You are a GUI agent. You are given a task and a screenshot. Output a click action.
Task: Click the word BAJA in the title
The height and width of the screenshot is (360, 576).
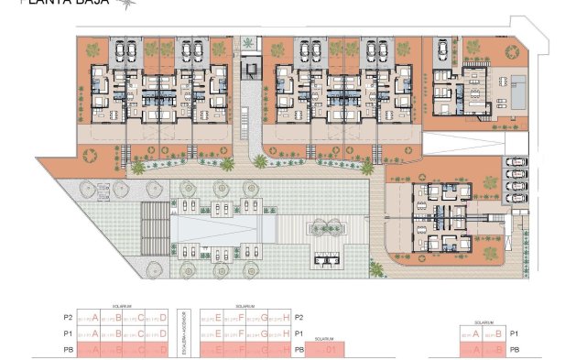pyautogui.click(x=90, y=4)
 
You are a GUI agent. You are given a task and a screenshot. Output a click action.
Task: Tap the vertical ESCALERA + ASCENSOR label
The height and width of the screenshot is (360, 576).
pyautogui.click(x=183, y=331)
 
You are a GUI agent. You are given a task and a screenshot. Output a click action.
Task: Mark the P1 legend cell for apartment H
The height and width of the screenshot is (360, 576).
pyautogui.click(x=282, y=333)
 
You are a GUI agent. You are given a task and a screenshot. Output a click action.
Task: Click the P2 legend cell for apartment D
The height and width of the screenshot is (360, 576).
pyautogui.click(x=157, y=317)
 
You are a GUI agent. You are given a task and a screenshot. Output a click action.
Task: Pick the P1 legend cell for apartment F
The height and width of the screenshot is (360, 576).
pyautogui.click(x=234, y=333)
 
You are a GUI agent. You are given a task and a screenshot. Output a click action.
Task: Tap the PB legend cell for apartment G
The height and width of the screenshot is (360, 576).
pyautogui.click(x=258, y=349)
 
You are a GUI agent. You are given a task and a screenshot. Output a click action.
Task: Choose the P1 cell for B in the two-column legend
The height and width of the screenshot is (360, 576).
pyautogui.click(x=496, y=333)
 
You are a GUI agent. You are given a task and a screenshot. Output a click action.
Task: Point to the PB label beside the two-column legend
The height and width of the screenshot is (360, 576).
pyautogui.click(x=515, y=350)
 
